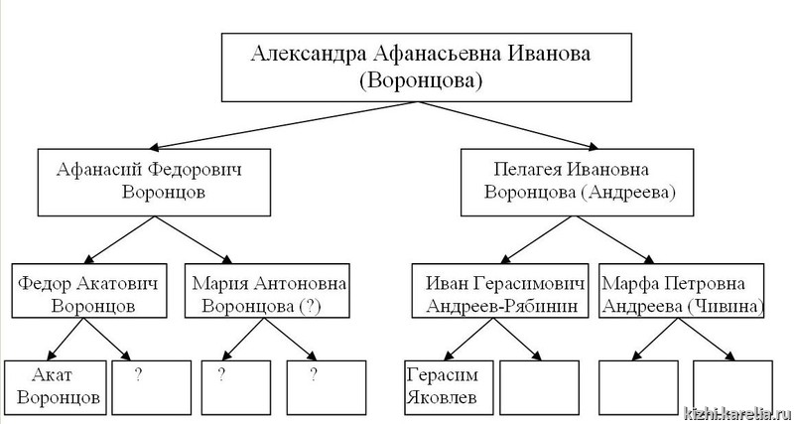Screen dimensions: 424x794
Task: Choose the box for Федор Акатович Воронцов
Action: (x=90, y=290)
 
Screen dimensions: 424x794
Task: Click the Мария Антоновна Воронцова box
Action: (x=265, y=290)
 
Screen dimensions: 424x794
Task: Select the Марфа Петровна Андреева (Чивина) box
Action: (x=681, y=290)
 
